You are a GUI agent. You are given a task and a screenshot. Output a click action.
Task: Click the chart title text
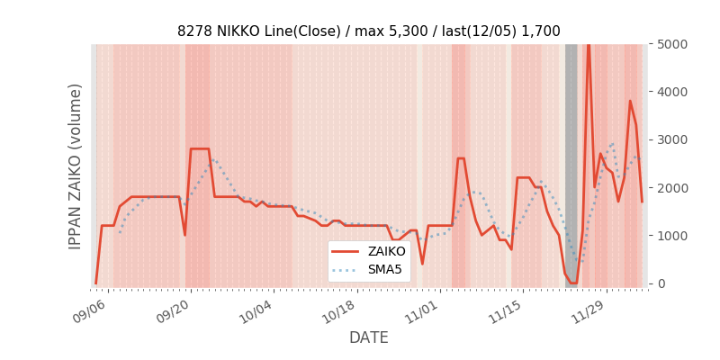click(x=368, y=31)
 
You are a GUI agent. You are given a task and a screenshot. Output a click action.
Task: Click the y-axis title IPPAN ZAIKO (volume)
click(x=76, y=166)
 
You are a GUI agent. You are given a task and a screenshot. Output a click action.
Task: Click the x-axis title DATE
click(x=368, y=337)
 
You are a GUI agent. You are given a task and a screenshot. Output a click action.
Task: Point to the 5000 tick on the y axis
click(x=672, y=44)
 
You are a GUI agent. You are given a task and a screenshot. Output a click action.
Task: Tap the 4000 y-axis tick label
click(x=672, y=92)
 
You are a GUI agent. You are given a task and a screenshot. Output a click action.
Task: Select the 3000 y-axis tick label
click(x=672, y=139)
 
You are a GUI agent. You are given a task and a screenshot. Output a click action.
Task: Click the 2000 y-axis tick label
click(x=672, y=187)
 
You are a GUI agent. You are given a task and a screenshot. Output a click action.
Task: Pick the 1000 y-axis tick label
click(x=672, y=235)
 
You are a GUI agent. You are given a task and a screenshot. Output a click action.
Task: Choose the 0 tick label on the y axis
click(x=661, y=283)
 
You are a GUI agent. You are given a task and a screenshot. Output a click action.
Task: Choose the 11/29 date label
click(x=586, y=310)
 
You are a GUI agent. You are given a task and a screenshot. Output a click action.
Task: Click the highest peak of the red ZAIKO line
click(x=589, y=45)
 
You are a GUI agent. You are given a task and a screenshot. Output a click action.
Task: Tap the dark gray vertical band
click(x=571, y=162)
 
